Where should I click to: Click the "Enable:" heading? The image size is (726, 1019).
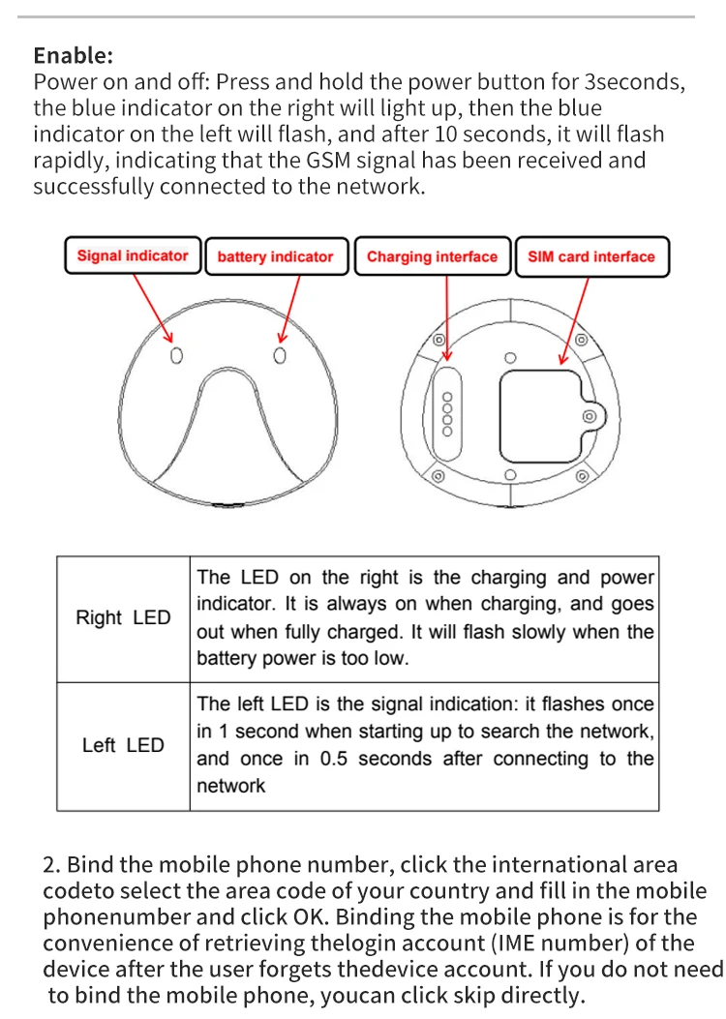pos(73,55)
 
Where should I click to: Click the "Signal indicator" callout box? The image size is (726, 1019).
pos(133,256)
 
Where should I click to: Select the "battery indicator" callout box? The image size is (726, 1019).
pos(275,257)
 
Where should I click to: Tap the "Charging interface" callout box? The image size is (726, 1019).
pos(432,257)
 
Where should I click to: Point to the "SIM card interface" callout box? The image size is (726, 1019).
pos(590,257)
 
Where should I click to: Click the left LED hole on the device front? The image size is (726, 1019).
pos(176,356)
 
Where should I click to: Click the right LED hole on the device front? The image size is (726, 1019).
pos(280,356)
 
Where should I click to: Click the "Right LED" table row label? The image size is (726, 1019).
pos(123,618)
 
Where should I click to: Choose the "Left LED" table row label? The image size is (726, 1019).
pos(123,746)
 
